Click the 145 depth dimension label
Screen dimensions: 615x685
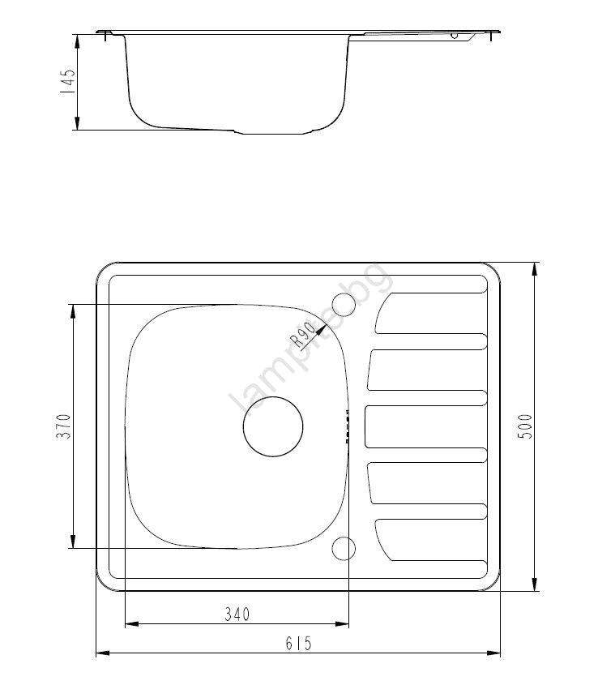(68, 81)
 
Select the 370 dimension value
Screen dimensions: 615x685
(64, 426)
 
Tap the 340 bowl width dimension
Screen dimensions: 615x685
(237, 614)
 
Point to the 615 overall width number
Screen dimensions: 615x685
(299, 643)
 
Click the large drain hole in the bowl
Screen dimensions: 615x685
(273, 427)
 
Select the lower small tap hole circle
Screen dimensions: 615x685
(344, 548)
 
